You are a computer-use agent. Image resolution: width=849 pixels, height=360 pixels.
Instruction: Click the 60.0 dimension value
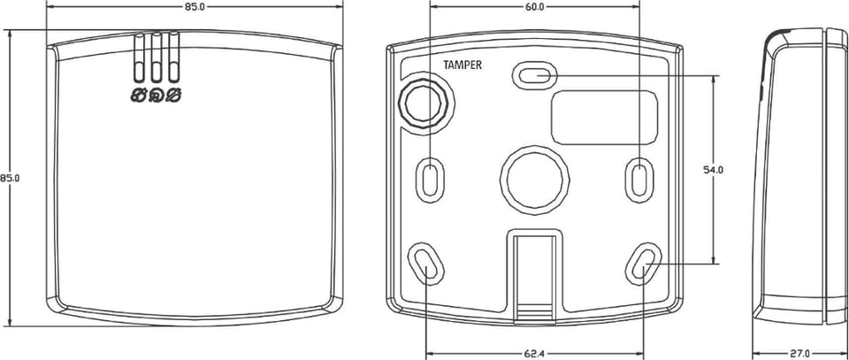tap(534, 7)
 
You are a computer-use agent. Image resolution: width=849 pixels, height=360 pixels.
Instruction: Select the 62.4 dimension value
tap(534, 354)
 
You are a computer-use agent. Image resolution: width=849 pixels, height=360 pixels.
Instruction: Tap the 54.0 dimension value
tap(715, 170)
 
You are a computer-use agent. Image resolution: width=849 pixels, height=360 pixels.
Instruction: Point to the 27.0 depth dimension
tap(799, 354)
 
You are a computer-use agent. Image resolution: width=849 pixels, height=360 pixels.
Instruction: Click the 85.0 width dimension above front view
tap(195, 7)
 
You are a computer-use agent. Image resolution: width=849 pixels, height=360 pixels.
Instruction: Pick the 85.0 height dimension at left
tap(10, 178)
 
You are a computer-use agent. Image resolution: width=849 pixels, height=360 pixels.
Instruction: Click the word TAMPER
tap(463, 65)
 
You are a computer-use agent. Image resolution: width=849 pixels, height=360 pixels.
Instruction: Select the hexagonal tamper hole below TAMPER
tap(425, 103)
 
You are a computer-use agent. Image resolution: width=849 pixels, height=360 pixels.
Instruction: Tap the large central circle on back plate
tap(534, 180)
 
